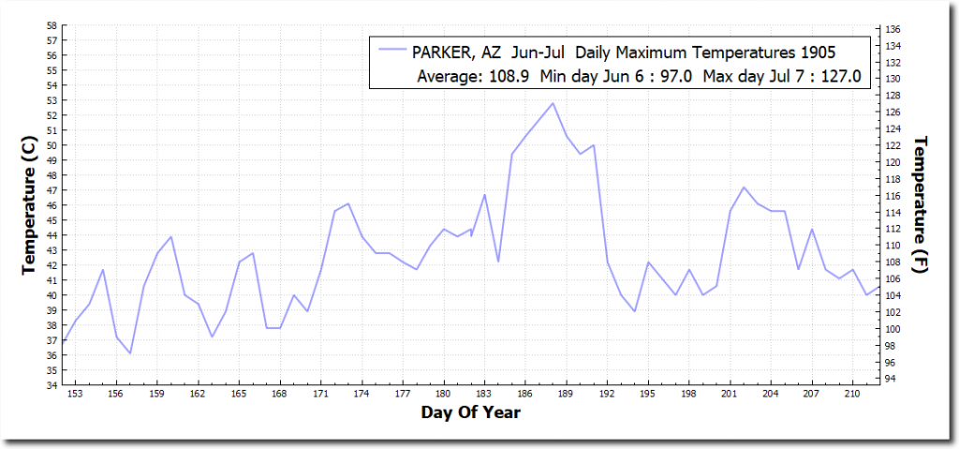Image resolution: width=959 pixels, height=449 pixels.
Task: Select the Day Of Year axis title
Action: (470, 412)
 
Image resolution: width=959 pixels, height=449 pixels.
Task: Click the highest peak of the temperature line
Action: (553, 103)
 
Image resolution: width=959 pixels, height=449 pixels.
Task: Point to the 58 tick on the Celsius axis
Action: (52, 25)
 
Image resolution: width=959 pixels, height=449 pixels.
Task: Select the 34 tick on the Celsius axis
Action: (52, 385)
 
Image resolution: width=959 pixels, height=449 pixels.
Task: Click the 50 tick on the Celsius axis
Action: (52, 145)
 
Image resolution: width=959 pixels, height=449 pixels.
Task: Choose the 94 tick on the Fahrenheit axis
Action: (893, 379)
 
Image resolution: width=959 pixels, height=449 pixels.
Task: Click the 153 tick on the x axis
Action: (76, 395)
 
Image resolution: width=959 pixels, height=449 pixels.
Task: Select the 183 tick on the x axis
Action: (484, 395)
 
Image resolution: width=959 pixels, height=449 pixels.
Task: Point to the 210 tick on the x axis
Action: (852, 395)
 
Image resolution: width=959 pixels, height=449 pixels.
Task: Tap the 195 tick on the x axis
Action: (648, 395)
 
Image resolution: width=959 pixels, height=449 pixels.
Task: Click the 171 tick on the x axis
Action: (320, 395)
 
